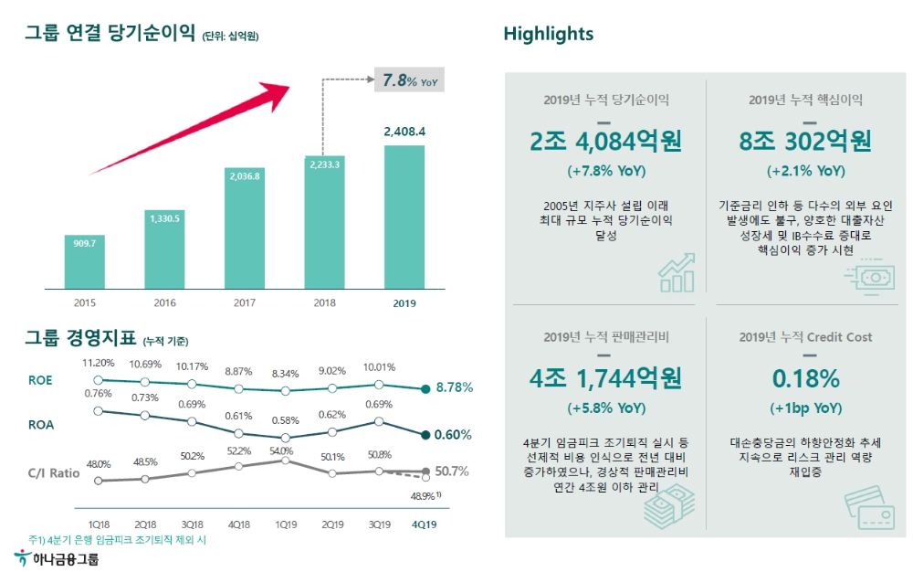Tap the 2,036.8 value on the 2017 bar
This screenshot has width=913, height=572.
pos(244,175)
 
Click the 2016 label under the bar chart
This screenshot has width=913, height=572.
pos(164,302)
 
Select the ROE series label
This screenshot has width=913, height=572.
pos(42,381)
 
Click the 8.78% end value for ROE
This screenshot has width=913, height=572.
pos(454,387)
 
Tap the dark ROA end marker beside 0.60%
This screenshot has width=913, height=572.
pos(425,435)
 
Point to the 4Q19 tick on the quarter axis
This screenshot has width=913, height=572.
pos(425,524)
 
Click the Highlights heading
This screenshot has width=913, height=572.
pos(548,34)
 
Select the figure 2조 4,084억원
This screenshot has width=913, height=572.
pos(606,142)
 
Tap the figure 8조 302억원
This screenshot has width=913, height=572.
pos(805,142)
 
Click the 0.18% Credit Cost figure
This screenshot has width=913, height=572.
pos(805,378)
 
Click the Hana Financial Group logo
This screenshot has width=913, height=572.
pos(57,557)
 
